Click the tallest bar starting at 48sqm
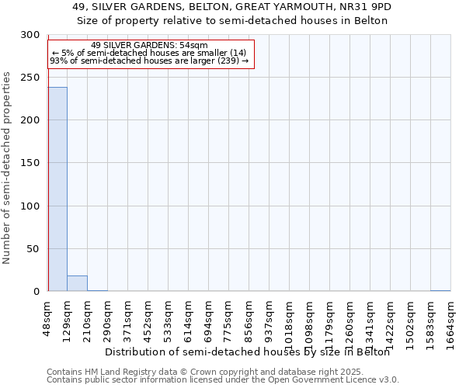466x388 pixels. [x=57, y=189]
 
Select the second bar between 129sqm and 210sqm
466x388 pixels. [x=77, y=283]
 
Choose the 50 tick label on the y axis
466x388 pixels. [x=33, y=249]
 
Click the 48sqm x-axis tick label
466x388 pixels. [x=47, y=318]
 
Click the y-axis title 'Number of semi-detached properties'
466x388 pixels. [x=8, y=168]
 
